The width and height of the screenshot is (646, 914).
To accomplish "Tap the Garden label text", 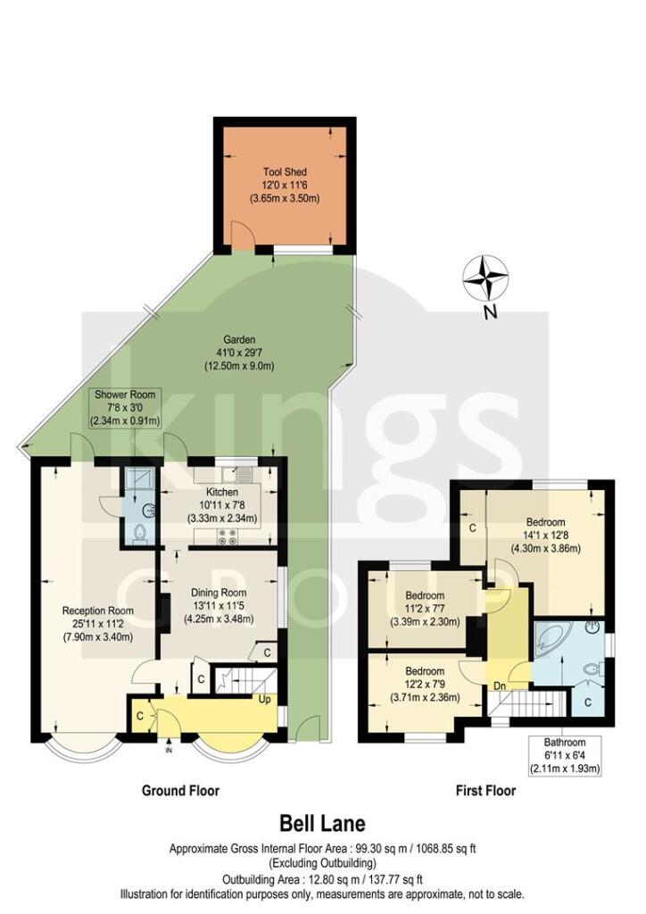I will click(240, 340).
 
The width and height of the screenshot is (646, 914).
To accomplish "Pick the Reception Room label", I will click(97, 611).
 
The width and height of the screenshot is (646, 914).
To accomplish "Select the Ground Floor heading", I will click(180, 791).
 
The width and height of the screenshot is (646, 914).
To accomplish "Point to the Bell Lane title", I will click(322, 822).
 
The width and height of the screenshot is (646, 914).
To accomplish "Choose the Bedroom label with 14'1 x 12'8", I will click(545, 522).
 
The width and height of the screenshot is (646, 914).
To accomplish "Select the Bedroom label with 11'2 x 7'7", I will click(425, 595).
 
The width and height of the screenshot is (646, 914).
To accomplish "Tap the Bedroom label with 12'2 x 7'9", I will click(425, 671).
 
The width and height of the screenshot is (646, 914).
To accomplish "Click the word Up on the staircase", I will click(264, 699).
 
